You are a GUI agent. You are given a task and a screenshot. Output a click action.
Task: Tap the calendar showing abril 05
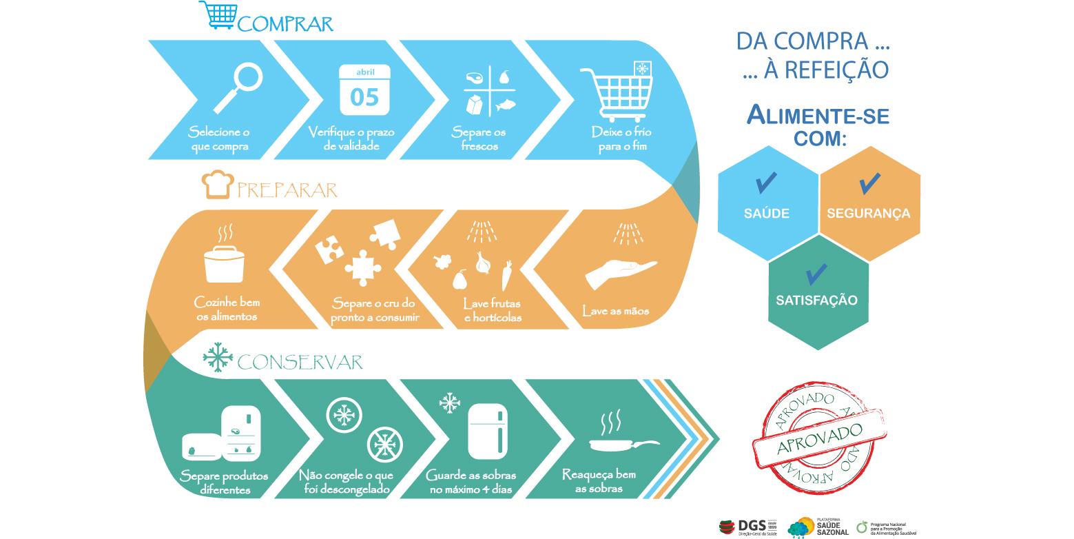pos(364,90)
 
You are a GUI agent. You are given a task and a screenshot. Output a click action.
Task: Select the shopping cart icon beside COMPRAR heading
pos(218,15)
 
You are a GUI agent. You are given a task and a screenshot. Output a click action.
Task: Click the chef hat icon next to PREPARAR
pos(216,184)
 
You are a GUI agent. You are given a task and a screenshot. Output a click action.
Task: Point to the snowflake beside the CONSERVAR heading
pos(217,358)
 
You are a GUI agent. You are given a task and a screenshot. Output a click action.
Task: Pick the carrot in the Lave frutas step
pos(506,276)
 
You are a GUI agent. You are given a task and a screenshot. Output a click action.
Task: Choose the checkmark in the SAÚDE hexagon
pos(766,183)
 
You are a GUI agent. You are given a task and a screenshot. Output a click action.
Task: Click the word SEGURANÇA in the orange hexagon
pos(868,214)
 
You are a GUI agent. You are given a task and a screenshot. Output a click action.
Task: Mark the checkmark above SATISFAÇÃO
pos(816,274)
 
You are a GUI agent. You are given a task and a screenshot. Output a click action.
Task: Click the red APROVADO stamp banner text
pos(818,438)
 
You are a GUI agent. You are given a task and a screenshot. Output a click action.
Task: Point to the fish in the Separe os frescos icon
pos(504,106)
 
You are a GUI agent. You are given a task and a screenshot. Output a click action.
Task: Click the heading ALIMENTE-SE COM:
pos(818,126)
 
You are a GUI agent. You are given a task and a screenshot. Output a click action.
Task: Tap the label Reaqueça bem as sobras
pos(599,482)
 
